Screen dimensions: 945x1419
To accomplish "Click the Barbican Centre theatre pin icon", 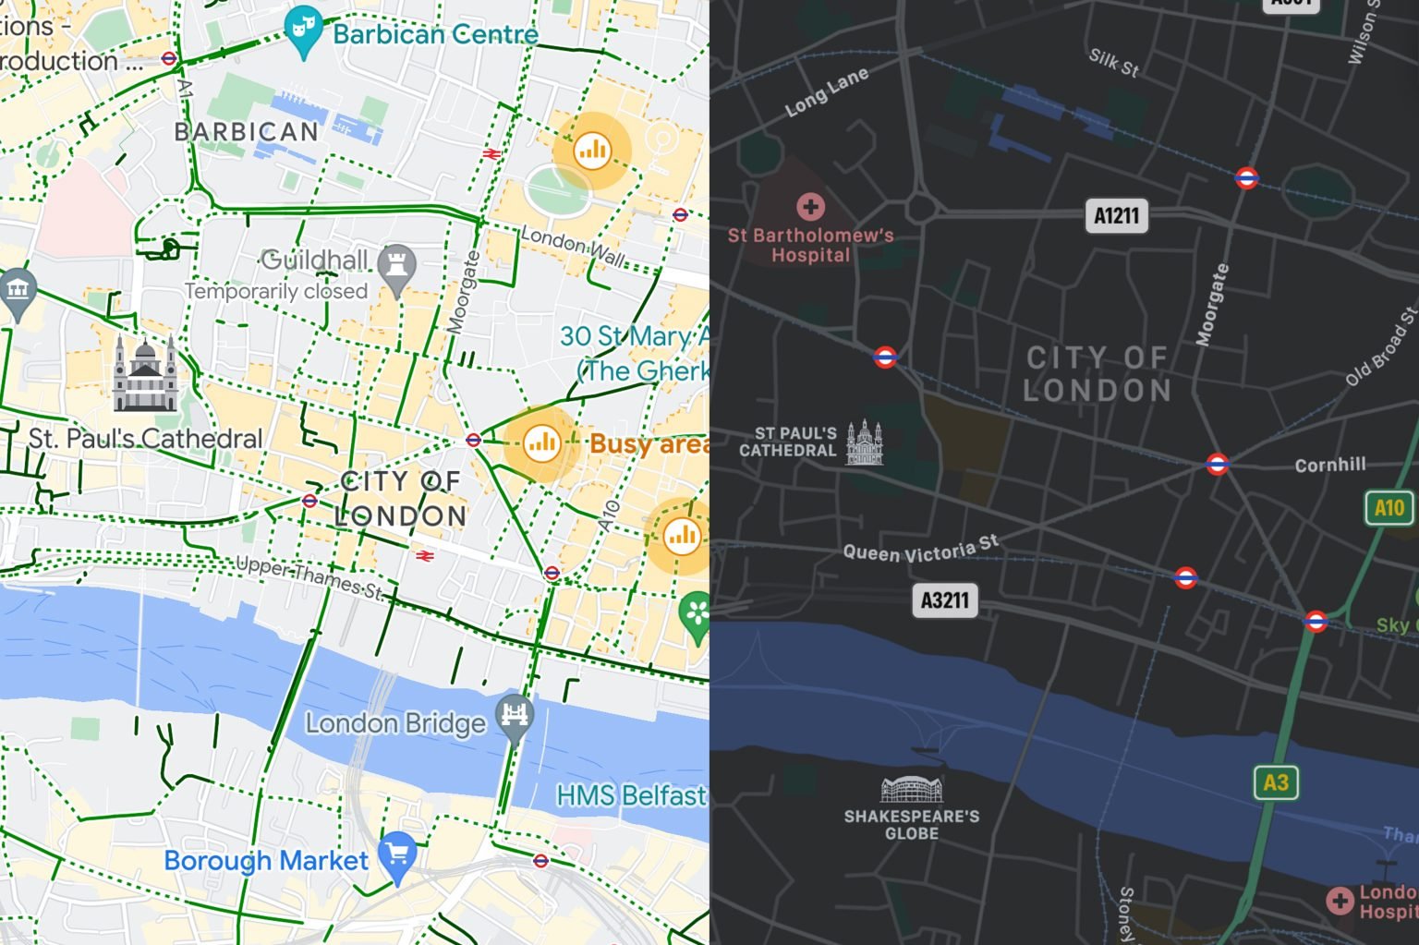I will pos(303,30).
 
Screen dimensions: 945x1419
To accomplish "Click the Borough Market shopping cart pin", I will pos(398,855).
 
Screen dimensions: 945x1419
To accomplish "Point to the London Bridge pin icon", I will pos(515,717).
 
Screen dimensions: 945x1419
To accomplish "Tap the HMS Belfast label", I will pos(631,794).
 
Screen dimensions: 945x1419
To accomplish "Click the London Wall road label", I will pos(573,245).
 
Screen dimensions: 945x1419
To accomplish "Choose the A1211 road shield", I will pos(1116,216).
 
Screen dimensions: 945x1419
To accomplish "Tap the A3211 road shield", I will pos(945,600).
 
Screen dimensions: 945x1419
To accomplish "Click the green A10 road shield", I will pos(1389,507).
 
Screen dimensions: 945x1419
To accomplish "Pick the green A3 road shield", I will pos(1276,782).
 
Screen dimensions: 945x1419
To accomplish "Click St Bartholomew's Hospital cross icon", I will pos(810,206).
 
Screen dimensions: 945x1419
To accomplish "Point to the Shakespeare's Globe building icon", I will pos(911,789).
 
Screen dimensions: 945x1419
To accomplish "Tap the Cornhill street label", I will pos(1329,465).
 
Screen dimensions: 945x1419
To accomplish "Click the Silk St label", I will pos(1113,62).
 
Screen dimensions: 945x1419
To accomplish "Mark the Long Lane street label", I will pos(827,92).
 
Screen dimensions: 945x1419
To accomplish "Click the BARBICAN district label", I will pos(247,131).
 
